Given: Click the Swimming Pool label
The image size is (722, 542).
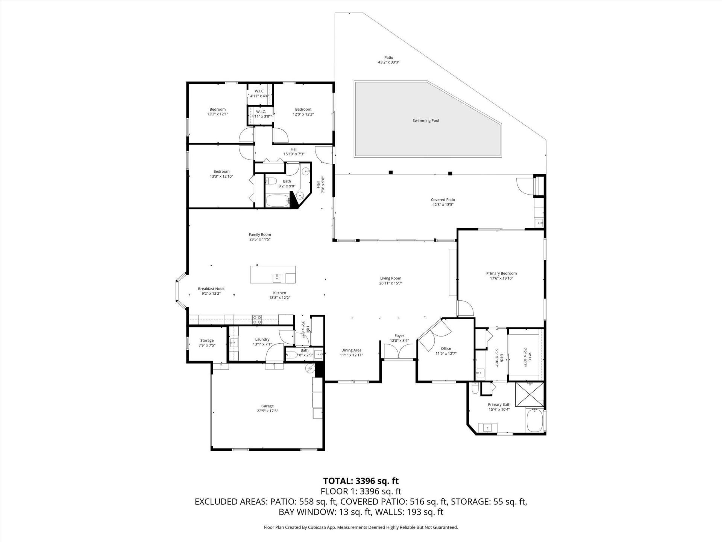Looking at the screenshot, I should click(x=426, y=121).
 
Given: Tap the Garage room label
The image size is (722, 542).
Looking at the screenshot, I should click(x=267, y=406).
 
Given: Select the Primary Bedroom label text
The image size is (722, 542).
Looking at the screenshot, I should click(x=501, y=274).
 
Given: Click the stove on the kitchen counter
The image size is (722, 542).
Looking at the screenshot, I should click(x=257, y=320).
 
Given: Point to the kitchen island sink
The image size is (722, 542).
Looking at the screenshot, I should click(x=276, y=278).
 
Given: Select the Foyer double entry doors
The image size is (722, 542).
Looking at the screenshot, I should click(x=399, y=352).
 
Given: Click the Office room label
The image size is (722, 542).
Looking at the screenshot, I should click(x=446, y=349).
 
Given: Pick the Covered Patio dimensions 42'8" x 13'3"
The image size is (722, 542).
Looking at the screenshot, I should click(x=443, y=205).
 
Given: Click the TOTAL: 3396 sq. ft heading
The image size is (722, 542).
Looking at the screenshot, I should click(x=361, y=481).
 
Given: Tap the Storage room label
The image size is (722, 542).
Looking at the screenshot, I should click(x=207, y=341).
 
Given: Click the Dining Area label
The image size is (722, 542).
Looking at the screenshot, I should click(x=351, y=350).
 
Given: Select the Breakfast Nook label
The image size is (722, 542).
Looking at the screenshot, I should click(x=211, y=289).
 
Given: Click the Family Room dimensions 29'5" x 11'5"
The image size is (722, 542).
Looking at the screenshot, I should click(x=259, y=239).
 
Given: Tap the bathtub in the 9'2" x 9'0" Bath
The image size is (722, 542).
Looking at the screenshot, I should click(x=277, y=200).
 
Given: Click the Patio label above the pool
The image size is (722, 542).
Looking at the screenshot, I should click(x=388, y=58).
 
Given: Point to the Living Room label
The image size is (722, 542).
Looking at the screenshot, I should click(x=391, y=279).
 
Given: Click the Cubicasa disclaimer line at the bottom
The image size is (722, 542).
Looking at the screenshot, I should click(x=361, y=527).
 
